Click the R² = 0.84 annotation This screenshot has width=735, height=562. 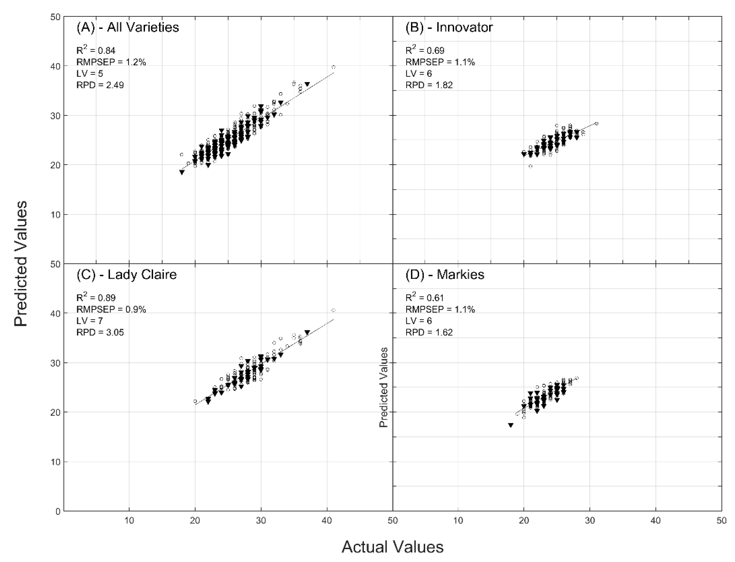pos(96,50)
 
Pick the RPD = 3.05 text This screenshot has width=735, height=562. pos(100,332)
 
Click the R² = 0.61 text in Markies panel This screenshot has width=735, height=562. pos(425,298)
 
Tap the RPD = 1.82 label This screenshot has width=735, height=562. pos(429,85)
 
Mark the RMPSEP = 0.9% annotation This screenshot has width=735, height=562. pos(111,310)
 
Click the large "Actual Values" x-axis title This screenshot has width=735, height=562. pos(392,547)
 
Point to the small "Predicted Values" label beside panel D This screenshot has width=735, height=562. pos(383,387)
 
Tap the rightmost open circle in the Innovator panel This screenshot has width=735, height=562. pos(596,123)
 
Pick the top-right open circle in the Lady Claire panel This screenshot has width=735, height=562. pos(333,310)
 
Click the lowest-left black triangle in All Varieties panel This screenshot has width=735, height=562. pos(182,172)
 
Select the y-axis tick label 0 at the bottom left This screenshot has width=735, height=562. pos(58,511)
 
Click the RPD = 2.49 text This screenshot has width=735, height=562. pos(100,85)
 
